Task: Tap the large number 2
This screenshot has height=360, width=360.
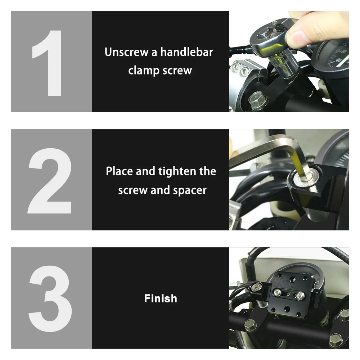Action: click(50, 181)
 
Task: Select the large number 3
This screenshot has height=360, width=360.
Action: click(50, 298)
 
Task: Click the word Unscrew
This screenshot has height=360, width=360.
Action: click(126, 52)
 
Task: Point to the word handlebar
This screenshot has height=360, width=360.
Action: click(186, 52)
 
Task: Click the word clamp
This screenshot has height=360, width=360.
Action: click(144, 71)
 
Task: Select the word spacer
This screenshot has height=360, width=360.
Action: click(190, 190)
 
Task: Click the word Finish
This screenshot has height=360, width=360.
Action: click(161, 298)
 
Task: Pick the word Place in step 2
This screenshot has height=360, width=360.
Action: click(119, 171)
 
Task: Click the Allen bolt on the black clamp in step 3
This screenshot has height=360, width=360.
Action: click(255, 287)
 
